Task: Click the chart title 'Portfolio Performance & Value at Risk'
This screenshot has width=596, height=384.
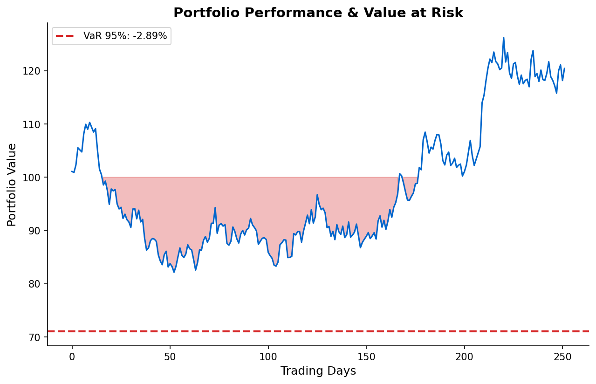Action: coord(318,13)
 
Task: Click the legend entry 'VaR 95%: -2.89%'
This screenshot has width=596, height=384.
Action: coord(125,36)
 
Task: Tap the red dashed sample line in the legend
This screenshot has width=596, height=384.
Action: coord(66,36)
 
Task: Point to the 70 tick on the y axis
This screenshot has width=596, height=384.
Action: coord(37,337)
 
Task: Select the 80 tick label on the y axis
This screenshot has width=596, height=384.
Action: coord(37,284)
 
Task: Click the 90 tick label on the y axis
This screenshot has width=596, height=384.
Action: coord(37,231)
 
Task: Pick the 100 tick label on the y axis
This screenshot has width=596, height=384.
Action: coord(34,178)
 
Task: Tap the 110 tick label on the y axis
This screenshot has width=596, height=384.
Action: coord(34,124)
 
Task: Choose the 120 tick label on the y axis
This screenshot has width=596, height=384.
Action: coord(34,71)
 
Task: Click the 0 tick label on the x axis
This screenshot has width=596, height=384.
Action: coord(72,357)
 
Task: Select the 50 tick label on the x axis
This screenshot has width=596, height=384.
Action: coord(170,357)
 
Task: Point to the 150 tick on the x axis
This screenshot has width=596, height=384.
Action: coord(366,357)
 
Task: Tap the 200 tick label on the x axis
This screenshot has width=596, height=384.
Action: coord(465,357)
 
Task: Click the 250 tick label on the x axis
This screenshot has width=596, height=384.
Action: coord(562,357)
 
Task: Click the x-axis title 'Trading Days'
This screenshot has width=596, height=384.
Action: coord(318,371)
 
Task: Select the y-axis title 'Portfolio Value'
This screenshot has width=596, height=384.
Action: coord(12,185)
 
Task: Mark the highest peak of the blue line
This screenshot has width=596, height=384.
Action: coord(503,38)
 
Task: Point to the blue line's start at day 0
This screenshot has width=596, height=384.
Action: coord(72,171)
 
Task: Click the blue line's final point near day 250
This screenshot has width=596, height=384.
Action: coord(564,69)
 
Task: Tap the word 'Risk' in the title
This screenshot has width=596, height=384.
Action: coord(449,13)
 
